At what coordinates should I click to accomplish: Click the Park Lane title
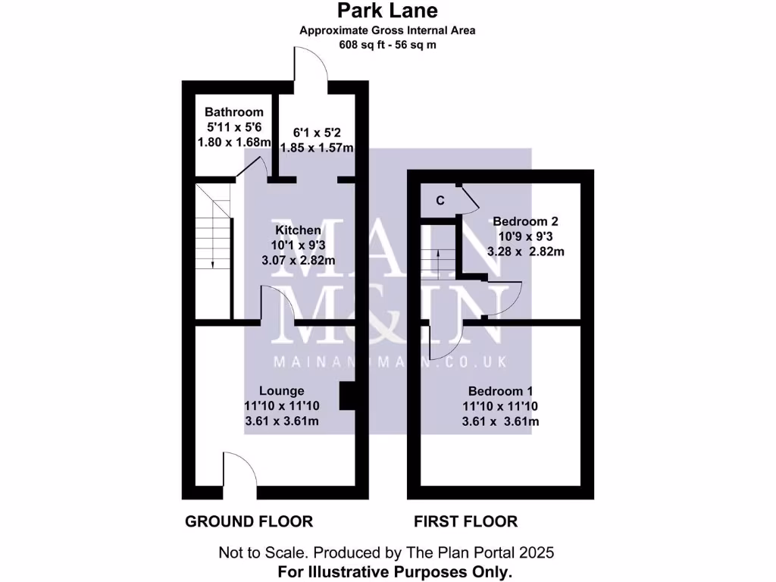[387, 11]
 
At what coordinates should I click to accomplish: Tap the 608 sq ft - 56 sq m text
[387, 45]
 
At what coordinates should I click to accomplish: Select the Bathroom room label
[233, 112]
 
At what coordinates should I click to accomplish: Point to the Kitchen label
[298, 230]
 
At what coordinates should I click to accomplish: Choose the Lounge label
[282, 391]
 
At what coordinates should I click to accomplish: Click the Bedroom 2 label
[525, 221]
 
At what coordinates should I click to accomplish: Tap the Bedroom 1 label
[500, 391]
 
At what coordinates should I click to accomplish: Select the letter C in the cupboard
[440, 201]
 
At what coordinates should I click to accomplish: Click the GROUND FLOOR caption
[249, 521]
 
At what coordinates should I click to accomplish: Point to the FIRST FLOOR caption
[465, 521]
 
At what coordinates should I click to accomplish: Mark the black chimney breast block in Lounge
[346, 396]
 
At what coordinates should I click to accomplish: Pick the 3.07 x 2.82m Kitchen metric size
[298, 260]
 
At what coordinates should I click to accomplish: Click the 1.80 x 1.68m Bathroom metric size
[233, 142]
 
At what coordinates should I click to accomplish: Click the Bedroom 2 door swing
[500, 299]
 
